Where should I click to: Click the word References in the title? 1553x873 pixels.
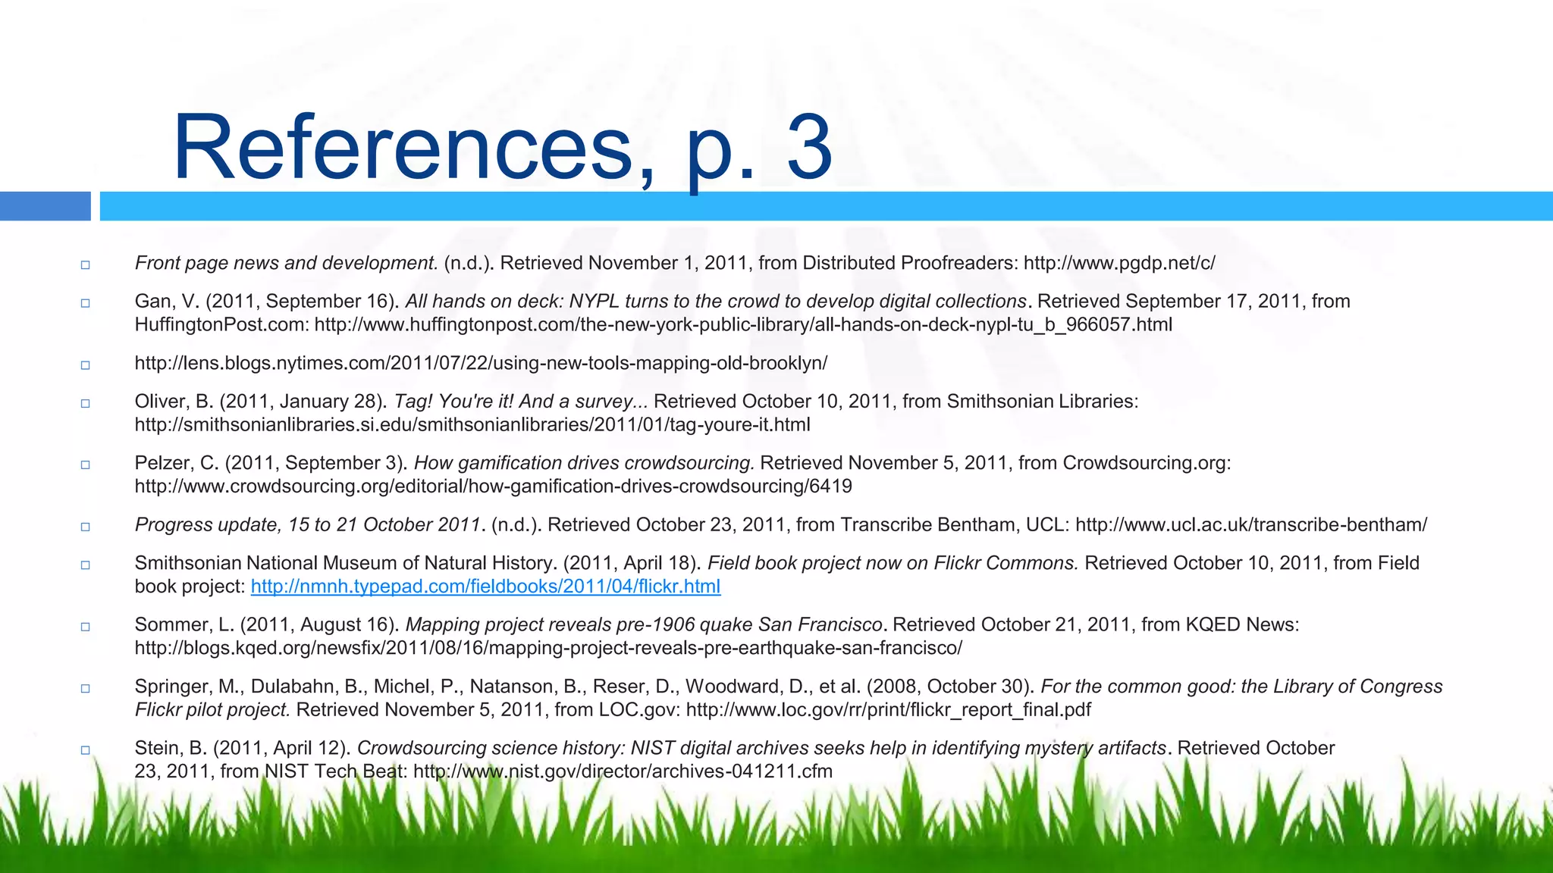coord(402,147)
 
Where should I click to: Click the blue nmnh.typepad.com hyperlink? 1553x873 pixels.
coord(485,587)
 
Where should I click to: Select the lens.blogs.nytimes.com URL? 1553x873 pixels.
coord(481,363)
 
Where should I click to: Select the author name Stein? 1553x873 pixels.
coord(157,748)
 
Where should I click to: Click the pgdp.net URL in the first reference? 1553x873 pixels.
coord(1119,263)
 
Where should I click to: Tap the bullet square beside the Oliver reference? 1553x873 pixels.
coord(85,403)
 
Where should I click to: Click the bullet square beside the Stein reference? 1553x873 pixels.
coord(85,749)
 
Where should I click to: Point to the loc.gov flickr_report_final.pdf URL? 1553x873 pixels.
coord(888,710)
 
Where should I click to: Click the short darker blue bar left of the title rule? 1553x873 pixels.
coord(45,206)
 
